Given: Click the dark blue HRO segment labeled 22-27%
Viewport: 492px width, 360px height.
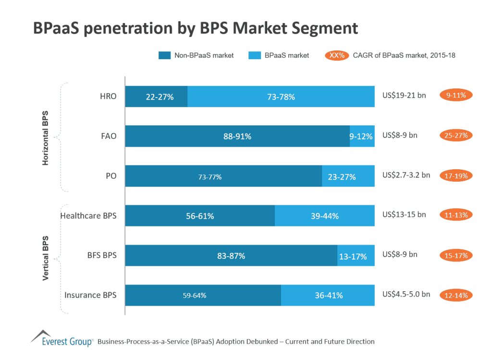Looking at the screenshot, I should coord(156,96).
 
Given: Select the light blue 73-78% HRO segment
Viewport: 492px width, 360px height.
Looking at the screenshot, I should coord(281,96).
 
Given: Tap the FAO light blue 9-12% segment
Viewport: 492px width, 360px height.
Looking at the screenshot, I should coord(362,136).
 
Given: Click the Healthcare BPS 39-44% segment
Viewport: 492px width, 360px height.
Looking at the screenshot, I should coord(324,216).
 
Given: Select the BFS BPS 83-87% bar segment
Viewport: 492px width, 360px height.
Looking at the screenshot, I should coord(231,256).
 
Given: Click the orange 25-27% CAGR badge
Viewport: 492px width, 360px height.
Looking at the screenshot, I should coord(456,136).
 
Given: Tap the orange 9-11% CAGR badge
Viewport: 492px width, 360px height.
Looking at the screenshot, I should coord(456,95).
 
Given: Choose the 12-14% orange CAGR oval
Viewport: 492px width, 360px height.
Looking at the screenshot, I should coord(456,295).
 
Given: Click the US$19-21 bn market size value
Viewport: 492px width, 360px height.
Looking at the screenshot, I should coord(404,95).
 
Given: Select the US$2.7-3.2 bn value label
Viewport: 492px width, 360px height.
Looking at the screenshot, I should coord(406,175).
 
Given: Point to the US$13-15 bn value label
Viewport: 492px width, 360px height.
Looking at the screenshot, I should coord(404,214).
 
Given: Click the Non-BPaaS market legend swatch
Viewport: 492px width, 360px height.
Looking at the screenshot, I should coord(164,55).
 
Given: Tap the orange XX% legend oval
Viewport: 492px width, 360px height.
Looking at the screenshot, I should coord(337,55).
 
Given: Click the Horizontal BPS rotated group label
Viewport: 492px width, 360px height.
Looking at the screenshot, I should coord(46,138).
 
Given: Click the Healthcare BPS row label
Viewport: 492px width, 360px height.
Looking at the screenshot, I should coord(88,216).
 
